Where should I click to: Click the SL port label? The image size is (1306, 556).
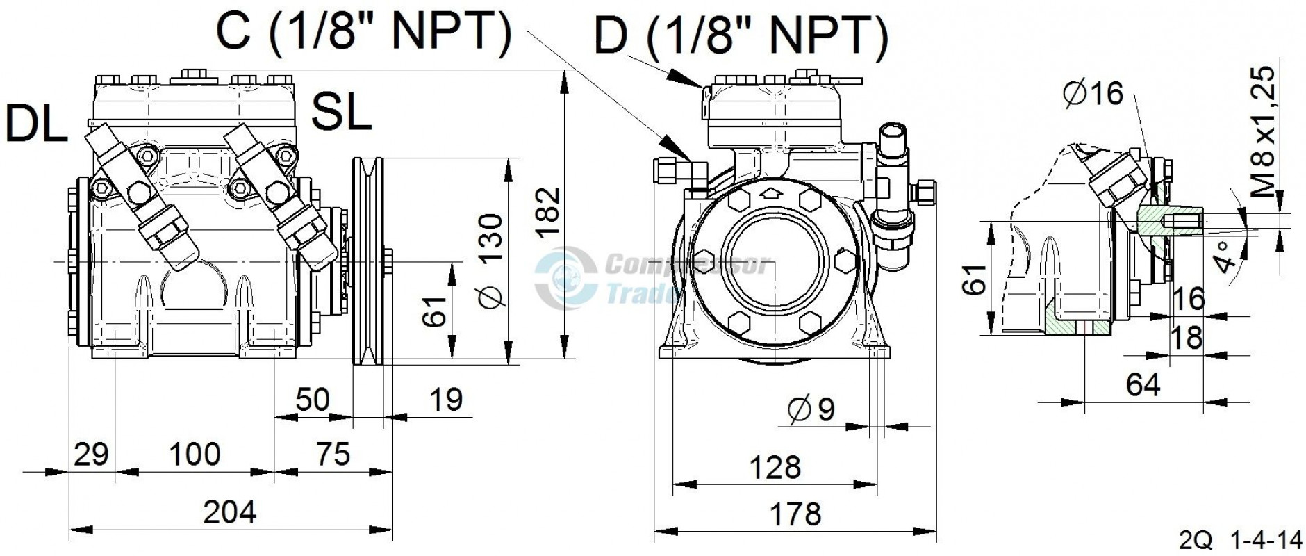tap(341, 112)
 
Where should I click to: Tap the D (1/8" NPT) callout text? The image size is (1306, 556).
tap(741, 36)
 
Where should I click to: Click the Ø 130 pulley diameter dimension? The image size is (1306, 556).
tap(492, 261)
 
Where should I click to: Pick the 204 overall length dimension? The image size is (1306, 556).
tap(229, 512)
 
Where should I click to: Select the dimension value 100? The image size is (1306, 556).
tap(195, 455)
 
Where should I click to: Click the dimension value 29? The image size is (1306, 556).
tap(91, 455)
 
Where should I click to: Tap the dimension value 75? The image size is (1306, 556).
tap(333, 455)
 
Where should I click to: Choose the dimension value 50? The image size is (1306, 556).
tap(313, 400)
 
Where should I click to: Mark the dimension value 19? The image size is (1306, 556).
tap(445, 400)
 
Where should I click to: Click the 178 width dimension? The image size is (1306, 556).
tap(795, 514)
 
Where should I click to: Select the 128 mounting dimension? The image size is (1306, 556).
tap(775, 467)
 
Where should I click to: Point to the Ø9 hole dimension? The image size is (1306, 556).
tap(811, 410)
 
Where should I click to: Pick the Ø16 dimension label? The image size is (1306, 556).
tap(1093, 93)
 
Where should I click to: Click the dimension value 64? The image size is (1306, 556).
tap(1143, 384)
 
